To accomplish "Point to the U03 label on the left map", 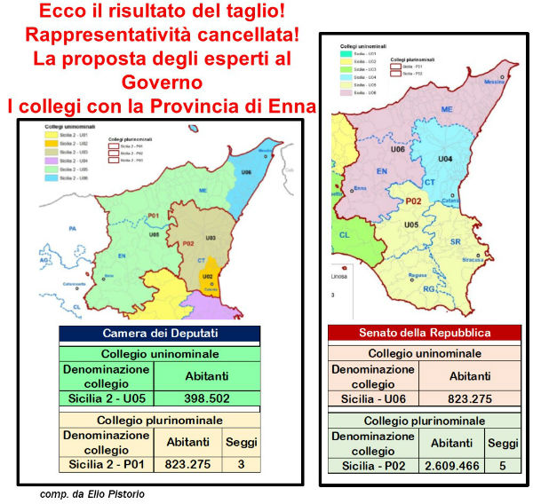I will click(211, 237).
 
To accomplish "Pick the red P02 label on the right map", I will click(413, 201).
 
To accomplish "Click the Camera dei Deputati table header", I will click(159, 334).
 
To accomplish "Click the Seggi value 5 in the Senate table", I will click(502, 463).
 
